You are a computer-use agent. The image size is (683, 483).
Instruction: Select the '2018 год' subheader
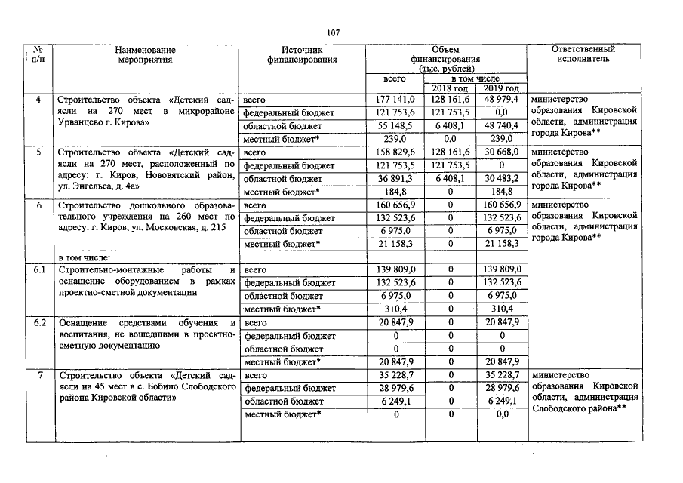pyautogui.click(x=450, y=88)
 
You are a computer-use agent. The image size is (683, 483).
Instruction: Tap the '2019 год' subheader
pyautogui.click(x=501, y=88)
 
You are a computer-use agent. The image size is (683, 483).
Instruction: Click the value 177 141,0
pyautogui.click(x=395, y=100)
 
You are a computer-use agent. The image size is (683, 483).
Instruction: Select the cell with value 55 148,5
pyautogui.click(x=395, y=126)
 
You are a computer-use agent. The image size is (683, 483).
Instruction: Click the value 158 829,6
pyautogui.click(x=395, y=152)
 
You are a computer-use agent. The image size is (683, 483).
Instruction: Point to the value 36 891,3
pyautogui.click(x=395, y=179)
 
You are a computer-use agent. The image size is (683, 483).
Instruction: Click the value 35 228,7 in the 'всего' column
pyautogui.click(x=395, y=375)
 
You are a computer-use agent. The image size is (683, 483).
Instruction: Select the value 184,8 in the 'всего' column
pyautogui.click(x=395, y=192)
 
